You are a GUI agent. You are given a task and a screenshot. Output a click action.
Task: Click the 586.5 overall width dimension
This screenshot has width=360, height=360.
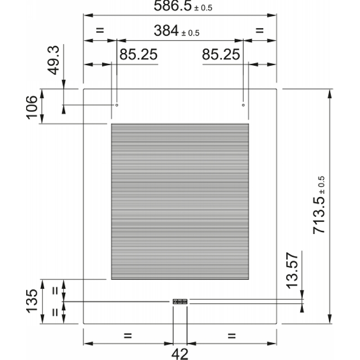coord(173,6)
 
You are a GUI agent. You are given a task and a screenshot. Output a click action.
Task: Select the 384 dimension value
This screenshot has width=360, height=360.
coord(166,31)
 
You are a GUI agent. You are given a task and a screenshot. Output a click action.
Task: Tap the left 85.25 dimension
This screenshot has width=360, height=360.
coord(139,54)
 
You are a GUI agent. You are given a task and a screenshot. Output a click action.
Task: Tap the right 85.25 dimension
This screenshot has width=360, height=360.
coord(221,54)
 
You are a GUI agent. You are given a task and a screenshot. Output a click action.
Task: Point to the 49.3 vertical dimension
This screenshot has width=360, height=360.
coord(54,60)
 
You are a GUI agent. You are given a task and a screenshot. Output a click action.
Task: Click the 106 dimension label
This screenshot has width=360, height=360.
coord(31,108)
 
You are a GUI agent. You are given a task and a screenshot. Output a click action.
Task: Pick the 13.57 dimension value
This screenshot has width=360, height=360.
coord(292,270)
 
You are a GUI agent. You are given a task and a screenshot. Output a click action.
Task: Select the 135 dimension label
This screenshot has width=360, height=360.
coord(31,301)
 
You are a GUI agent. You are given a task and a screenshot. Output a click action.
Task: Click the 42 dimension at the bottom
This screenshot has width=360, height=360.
coord(180,354)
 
